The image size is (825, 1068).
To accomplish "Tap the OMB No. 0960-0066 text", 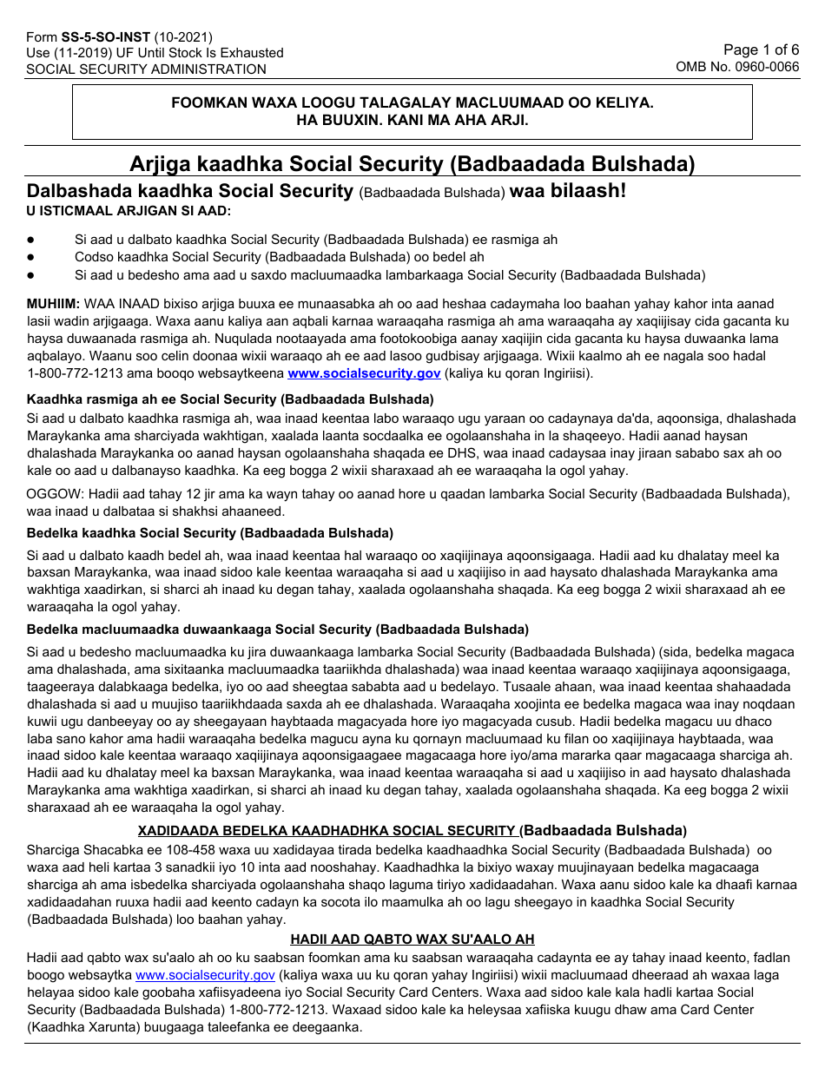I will [737, 67].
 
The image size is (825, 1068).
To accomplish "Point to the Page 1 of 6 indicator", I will [761, 49].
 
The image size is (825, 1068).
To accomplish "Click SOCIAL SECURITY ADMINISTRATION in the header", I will [146, 69].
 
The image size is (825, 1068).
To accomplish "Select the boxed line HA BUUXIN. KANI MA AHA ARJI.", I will [412, 120].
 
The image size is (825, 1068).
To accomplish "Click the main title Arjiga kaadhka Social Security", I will [412, 164].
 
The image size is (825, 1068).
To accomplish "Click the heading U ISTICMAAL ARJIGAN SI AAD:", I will [129, 211].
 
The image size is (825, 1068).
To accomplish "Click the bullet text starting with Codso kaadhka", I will [280, 257].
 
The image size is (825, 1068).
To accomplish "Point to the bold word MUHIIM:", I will [54, 304].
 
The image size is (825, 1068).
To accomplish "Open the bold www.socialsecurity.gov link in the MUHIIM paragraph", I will [364, 373].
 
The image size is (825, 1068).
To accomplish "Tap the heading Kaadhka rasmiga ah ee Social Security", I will [230, 399].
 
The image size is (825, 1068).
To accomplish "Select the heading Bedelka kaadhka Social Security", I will [210, 532].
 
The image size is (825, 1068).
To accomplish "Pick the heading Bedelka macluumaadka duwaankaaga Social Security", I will [278, 629].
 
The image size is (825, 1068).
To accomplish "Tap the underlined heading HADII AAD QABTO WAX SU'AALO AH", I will [412, 939].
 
